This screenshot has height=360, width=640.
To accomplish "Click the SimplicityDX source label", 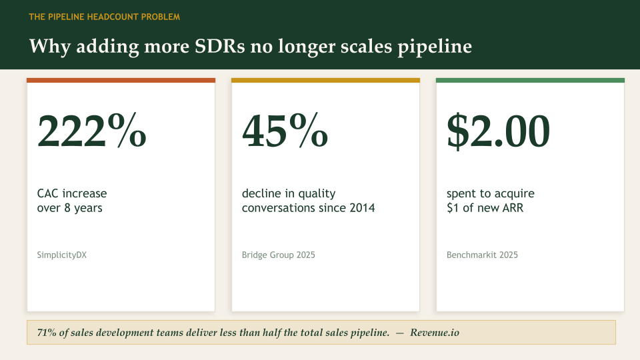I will [62, 255].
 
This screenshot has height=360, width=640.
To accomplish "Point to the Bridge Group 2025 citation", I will [278, 255].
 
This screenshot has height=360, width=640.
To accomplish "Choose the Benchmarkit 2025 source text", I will [482, 255].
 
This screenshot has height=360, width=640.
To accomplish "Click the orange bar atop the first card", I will [121, 81].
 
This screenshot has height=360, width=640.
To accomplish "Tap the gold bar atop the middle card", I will [325, 81].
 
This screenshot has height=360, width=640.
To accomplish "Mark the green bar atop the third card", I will [530, 81].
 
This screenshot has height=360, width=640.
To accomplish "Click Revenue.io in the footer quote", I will [435, 333].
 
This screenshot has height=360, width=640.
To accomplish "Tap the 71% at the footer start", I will [47, 333].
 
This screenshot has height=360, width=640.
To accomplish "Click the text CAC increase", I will [72, 193].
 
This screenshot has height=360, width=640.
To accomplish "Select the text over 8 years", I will [69, 208].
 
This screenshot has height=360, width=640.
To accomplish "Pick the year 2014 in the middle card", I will [361, 208].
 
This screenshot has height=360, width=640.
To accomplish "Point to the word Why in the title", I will [47, 47].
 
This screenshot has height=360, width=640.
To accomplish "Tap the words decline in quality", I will [289, 193].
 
